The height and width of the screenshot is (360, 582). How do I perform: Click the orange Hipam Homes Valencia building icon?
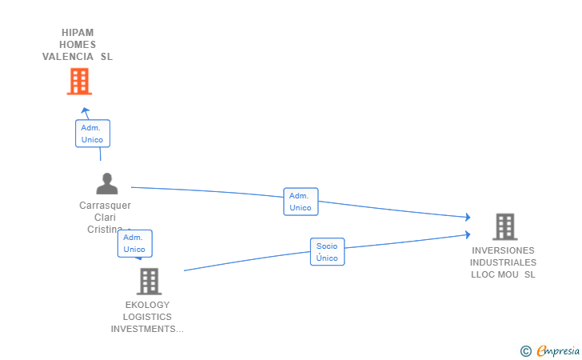(x=78, y=82)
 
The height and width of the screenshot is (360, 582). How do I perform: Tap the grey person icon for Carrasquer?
(x=106, y=184)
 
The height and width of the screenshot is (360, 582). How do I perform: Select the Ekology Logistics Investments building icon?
(x=149, y=282)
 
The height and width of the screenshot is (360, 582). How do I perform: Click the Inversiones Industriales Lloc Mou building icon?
(x=504, y=227)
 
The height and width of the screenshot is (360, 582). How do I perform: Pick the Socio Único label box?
(x=327, y=252)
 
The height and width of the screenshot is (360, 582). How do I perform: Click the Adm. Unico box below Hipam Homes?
(x=92, y=134)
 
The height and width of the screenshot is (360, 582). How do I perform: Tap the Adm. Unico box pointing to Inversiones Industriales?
(x=301, y=202)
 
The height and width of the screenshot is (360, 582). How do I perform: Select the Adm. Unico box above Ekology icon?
(x=134, y=243)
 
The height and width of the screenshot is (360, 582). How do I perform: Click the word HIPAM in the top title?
(x=78, y=33)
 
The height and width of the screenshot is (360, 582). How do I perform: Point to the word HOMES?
(x=78, y=45)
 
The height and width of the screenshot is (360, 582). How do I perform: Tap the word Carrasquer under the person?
(x=105, y=206)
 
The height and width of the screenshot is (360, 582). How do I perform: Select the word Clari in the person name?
(x=105, y=218)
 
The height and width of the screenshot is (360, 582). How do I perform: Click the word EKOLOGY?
(x=147, y=305)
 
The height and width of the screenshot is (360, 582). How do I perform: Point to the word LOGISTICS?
(x=147, y=317)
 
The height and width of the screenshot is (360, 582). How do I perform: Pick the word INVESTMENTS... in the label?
(x=147, y=329)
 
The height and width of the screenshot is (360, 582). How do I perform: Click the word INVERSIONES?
(x=503, y=250)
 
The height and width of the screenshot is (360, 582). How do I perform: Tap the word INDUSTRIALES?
(x=503, y=262)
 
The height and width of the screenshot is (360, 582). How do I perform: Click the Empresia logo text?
(x=558, y=350)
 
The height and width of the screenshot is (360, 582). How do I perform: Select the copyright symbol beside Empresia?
(x=525, y=351)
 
